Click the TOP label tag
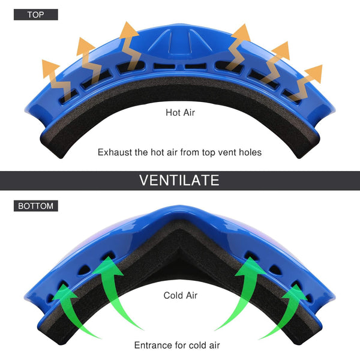35,14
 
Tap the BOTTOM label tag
35,206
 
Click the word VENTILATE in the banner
179,180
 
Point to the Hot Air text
180,112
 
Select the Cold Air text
180,295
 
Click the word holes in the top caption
249,152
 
